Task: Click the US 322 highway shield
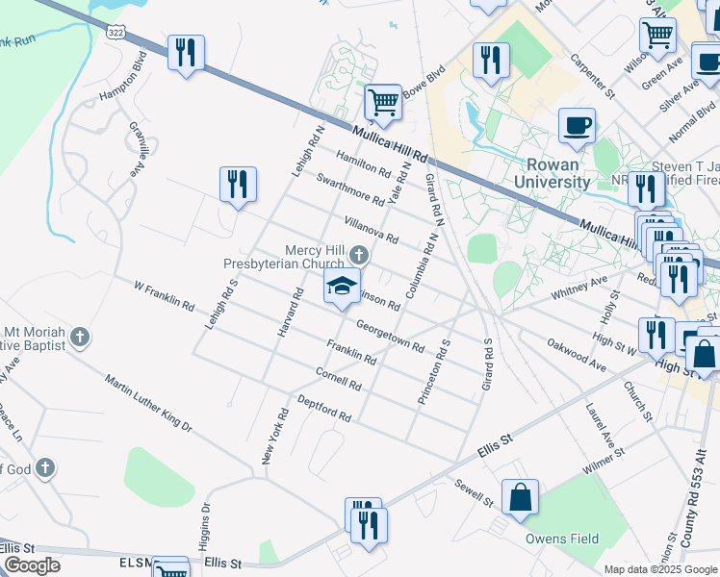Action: [x=116, y=33]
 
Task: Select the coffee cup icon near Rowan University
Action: [x=577, y=125]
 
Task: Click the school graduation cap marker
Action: [x=341, y=287]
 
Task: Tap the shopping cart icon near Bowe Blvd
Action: [x=384, y=100]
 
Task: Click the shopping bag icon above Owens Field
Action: [x=520, y=497]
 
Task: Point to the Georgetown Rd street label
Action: [x=390, y=336]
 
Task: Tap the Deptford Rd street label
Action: [x=324, y=409]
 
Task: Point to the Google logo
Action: [x=31, y=564]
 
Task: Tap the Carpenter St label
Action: [x=591, y=82]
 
